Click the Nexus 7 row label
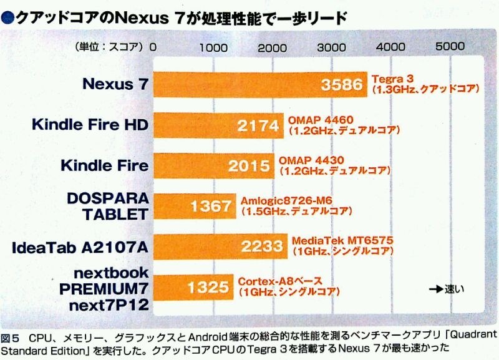click(116, 84)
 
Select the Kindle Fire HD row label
click(90, 125)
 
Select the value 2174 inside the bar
click(259, 125)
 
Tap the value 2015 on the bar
click(249, 166)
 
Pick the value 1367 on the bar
click(211, 207)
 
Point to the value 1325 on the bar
click(208, 288)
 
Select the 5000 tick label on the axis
click(450, 46)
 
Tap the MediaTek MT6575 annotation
click(329, 241)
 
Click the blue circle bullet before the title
click(7, 18)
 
